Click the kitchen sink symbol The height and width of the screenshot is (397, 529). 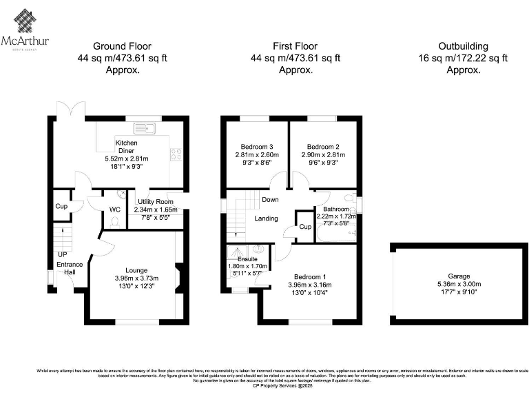coord(146,127)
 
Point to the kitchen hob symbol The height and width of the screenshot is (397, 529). coord(176,154)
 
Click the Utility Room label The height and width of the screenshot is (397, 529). coord(156,201)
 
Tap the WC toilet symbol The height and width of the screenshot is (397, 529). coord(114,221)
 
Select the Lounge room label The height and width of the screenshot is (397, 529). coord(136,270)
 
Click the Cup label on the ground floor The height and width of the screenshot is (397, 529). coord(62,207)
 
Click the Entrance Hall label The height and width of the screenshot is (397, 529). coord(68,269)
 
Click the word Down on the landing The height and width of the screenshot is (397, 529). coord(269,200)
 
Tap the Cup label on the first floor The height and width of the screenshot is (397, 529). coord(304,227)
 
